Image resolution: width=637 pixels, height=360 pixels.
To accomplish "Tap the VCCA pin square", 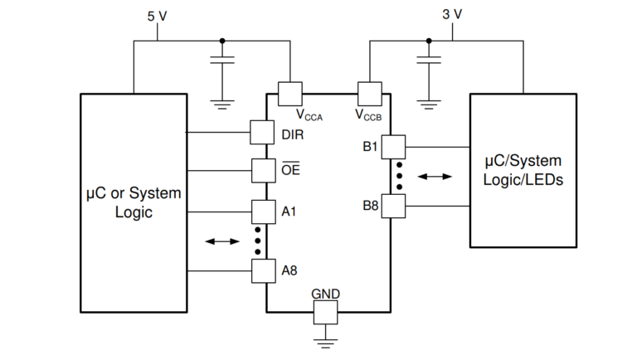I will [x=289, y=93].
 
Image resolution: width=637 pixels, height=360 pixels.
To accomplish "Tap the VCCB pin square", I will [x=367, y=93].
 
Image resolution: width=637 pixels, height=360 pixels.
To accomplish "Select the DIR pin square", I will [x=262, y=132].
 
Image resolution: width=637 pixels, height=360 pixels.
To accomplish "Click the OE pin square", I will [x=262, y=171].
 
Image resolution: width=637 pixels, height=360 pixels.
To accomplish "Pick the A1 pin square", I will [x=262, y=212].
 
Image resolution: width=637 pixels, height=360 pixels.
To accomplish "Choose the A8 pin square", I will [x=262, y=270].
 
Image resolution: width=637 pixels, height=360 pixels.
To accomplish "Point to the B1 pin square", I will [x=392, y=146].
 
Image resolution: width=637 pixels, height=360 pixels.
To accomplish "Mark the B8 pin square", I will [x=392, y=205].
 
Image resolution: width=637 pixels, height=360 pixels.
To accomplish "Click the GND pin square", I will [x=326, y=312].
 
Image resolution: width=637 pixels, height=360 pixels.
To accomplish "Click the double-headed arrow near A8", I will [x=221, y=241].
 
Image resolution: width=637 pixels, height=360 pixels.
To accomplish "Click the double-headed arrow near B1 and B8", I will [x=436, y=176].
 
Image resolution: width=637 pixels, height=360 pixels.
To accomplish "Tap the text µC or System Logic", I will [x=133, y=202].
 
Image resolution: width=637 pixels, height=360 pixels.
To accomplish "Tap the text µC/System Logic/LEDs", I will [x=523, y=169].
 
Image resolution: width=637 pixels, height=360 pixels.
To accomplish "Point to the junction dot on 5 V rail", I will [x=221, y=40].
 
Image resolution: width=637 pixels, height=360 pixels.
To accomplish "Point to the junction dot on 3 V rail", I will [x=429, y=40].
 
